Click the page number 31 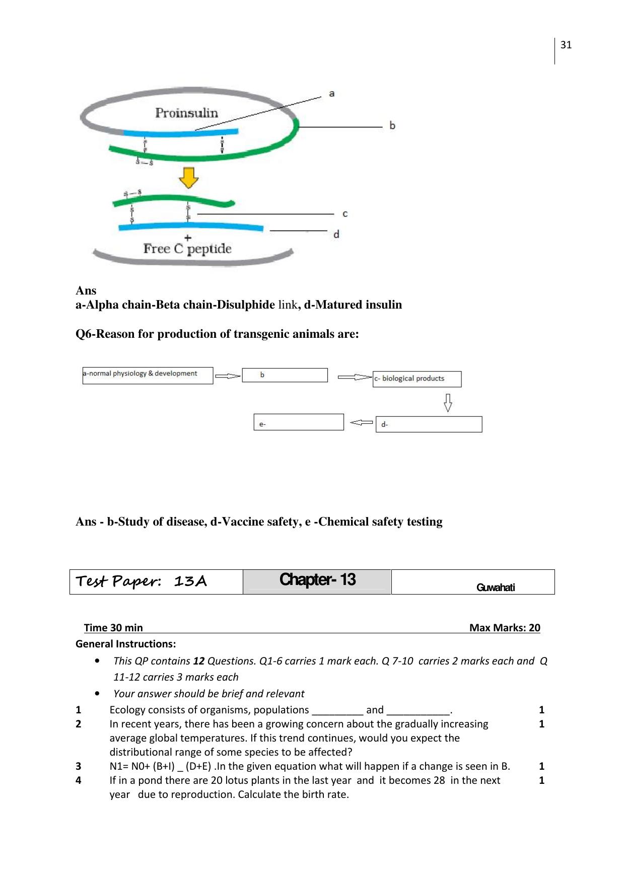click(x=566, y=45)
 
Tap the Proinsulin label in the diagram click(x=186, y=113)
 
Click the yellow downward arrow click(x=189, y=178)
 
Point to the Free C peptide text click(x=187, y=249)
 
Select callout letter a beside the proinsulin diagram click(x=331, y=94)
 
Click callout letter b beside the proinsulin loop click(x=392, y=126)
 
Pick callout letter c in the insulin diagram click(x=345, y=214)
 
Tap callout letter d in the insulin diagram click(x=336, y=234)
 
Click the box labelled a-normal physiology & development click(x=148, y=376)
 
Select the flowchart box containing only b click(x=285, y=375)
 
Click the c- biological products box click(x=417, y=379)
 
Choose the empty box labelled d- click(x=429, y=424)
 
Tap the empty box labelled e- click(x=299, y=422)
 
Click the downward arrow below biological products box click(x=448, y=403)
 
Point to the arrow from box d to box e click(x=361, y=422)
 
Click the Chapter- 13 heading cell click(x=317, y=580)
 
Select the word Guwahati click(x=496, y=587)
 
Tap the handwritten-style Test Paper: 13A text click(x=141, y=581)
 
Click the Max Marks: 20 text click(x=505, y=628)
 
